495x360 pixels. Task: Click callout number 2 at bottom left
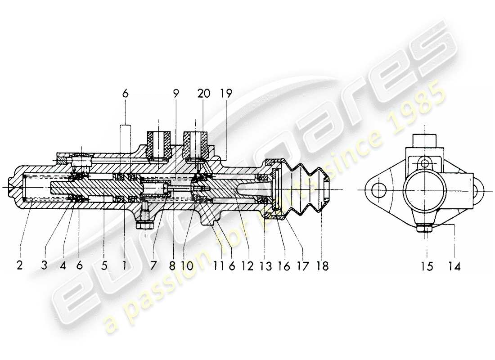click(19, 266)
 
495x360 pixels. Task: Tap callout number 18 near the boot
click(322, 266)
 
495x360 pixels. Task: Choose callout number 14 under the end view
click(454, 266)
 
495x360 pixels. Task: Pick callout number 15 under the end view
click(427, 266)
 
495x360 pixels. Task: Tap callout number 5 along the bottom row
click(104, 266)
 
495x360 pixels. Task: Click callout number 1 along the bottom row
click(124, 266)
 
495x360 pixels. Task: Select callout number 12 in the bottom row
click(247, 266)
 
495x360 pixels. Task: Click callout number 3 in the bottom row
click(44, 266)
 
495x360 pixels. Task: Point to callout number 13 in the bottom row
click(266, 266)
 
